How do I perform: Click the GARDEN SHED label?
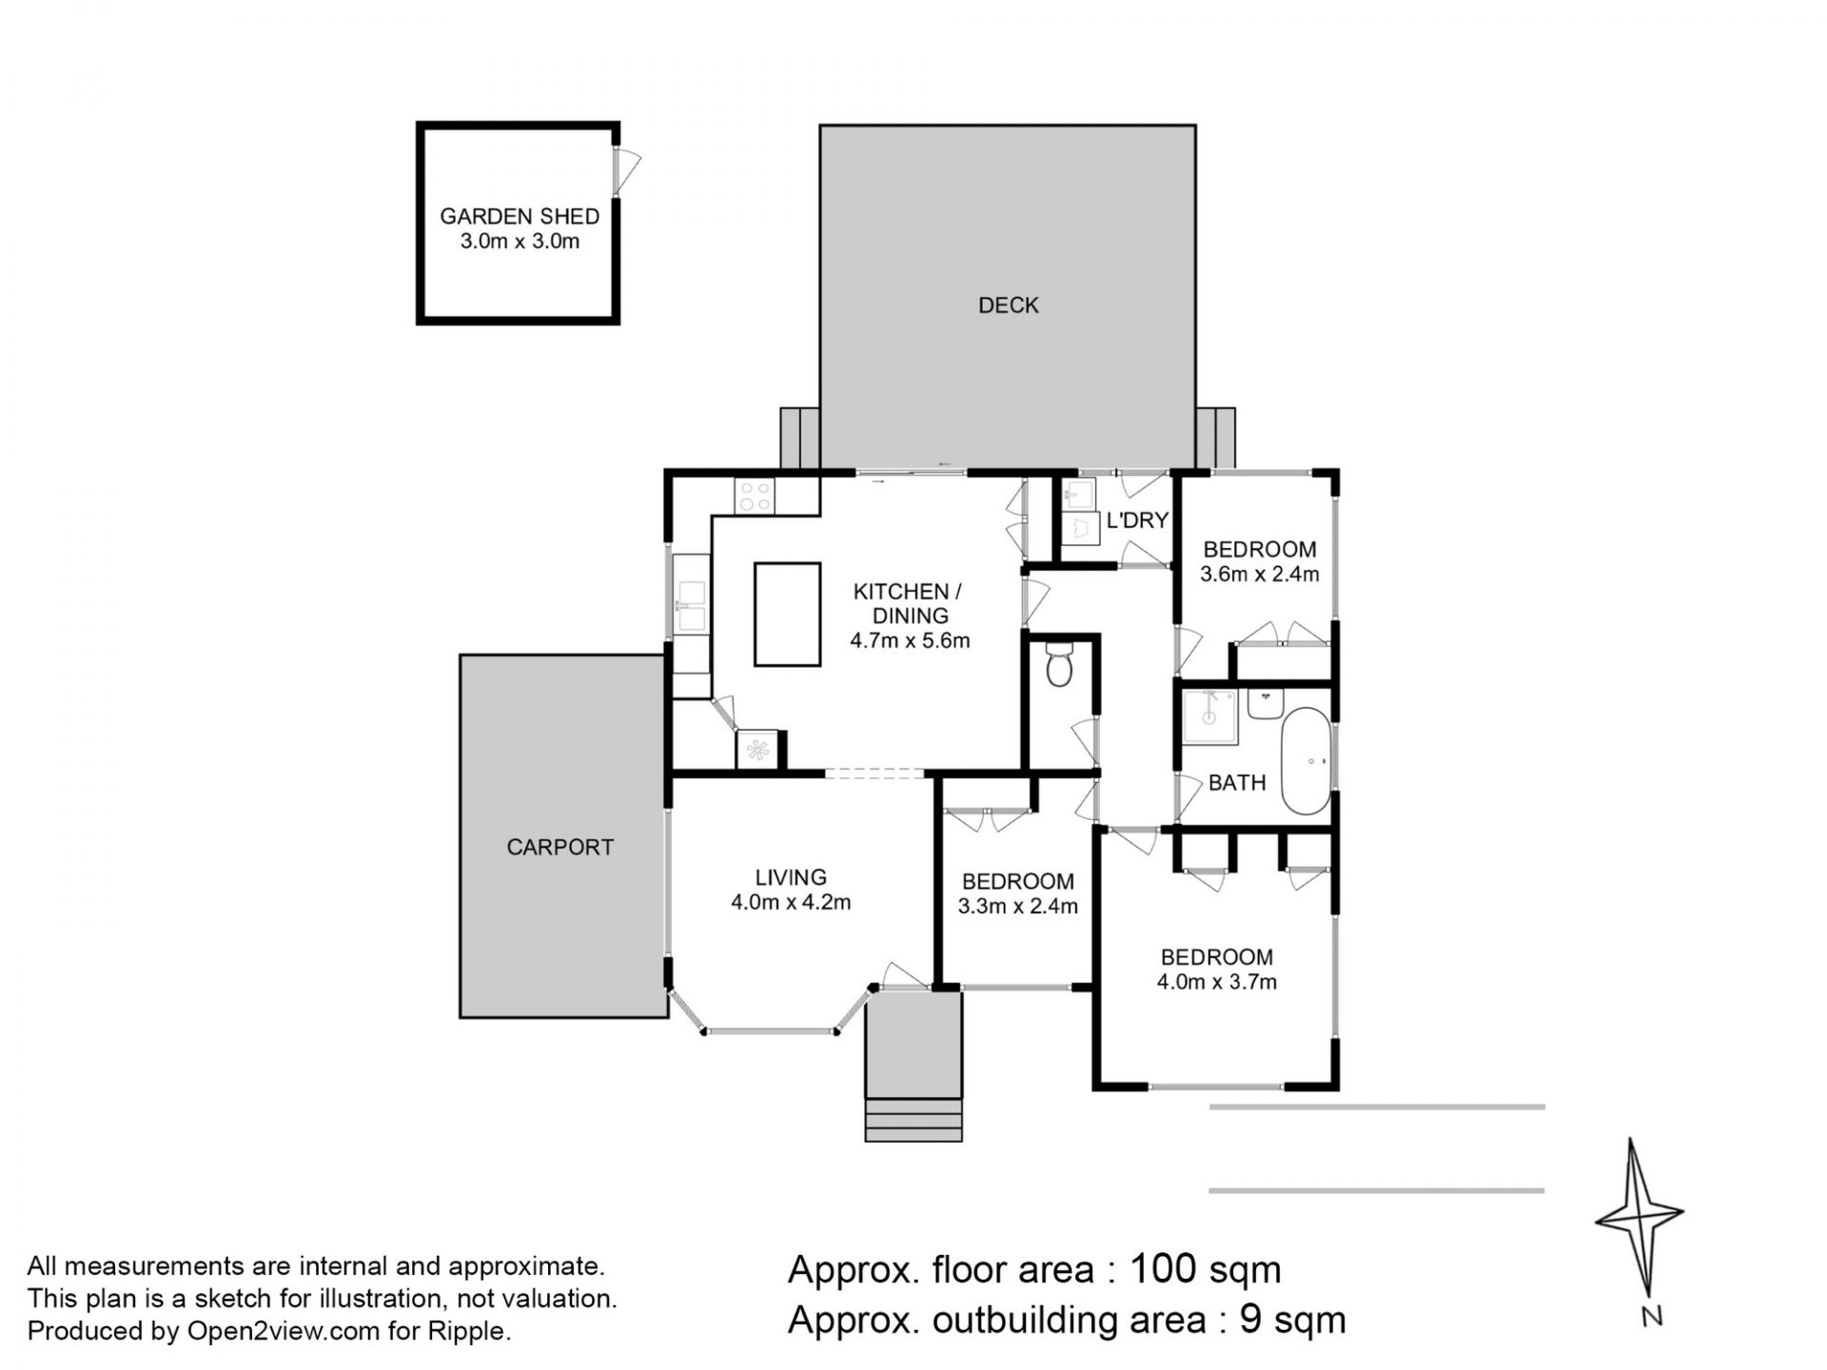[520, 216]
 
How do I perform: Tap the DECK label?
[1009, 305]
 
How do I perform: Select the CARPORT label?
[560, 847]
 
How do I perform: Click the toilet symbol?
[1058, 665]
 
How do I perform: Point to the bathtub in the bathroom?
[1306, 760]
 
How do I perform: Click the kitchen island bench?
[788, 614]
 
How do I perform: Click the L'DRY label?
[1137, 520]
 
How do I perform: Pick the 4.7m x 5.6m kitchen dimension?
[910, 640]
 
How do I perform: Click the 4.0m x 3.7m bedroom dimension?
[1217, 982]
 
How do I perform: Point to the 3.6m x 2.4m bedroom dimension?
[1260, 574]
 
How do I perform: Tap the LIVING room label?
[791, 877]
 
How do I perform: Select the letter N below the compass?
[1652, 1318]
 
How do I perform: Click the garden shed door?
[627, 172]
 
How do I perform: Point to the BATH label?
[1237, 783]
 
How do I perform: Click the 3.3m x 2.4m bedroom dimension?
[1018, 906]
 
